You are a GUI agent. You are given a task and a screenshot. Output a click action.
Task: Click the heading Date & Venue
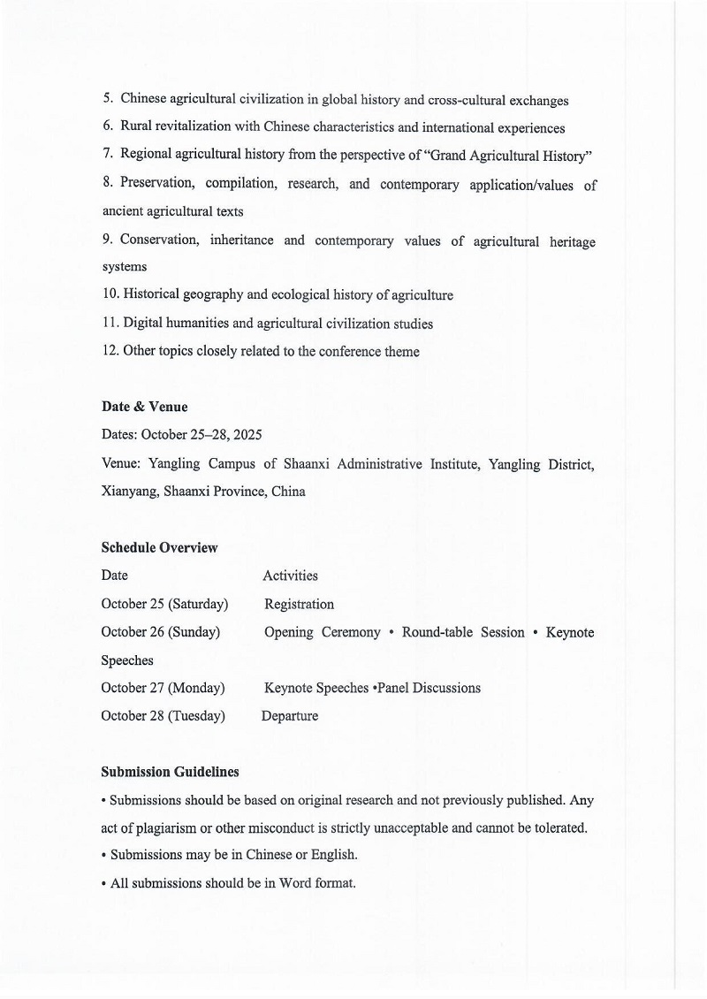click(144, 407)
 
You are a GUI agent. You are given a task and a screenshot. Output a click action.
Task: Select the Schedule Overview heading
click(159, 547)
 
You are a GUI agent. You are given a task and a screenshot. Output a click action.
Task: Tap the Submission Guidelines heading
click(170, 772)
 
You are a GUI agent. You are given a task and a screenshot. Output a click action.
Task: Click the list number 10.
click(110, 295)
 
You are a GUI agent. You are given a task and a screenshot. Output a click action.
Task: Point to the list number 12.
click(110, 351)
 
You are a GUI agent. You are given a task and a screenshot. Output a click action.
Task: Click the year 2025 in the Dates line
click(247, 435)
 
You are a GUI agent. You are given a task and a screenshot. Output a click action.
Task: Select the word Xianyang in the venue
click(129, 492)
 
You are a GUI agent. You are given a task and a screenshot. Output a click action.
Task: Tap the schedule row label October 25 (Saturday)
click(164, 604)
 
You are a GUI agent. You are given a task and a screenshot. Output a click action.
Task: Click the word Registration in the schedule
click(299, 605)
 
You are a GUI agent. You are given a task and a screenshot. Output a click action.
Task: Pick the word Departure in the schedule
click(290, 716)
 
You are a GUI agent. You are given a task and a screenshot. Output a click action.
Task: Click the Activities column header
click(290, 576)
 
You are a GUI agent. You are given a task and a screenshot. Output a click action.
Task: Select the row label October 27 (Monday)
click(163, 688)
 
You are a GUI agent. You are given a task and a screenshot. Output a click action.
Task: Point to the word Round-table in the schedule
click(437, 632)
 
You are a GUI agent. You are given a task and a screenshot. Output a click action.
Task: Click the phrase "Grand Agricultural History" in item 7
click(508, 156)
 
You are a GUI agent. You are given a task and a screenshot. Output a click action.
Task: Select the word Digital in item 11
click(146, 324)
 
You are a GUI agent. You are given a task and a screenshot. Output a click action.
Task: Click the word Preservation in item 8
click(156, 184)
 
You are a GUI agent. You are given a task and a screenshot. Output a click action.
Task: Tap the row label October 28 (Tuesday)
click(163, 716)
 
